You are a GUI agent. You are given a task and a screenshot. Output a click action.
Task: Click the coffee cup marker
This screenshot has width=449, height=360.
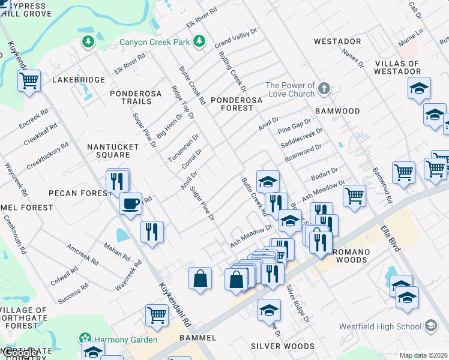(130, 204)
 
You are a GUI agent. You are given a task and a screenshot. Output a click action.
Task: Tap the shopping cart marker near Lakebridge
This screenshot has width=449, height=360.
(29, 80)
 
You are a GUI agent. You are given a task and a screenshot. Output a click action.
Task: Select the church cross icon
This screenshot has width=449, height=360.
(324, 89)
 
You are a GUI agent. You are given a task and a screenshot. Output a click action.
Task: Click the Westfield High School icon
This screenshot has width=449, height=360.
(430, 326)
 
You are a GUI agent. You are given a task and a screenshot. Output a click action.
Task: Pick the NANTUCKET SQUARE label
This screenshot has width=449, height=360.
(109, 150)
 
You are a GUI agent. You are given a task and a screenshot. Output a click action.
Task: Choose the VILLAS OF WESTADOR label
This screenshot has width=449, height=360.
(406, 67)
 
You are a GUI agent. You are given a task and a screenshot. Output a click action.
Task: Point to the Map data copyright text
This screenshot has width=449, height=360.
(424, 355)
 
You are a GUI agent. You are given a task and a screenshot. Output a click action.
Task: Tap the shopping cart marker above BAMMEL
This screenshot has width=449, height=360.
(157, 314)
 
